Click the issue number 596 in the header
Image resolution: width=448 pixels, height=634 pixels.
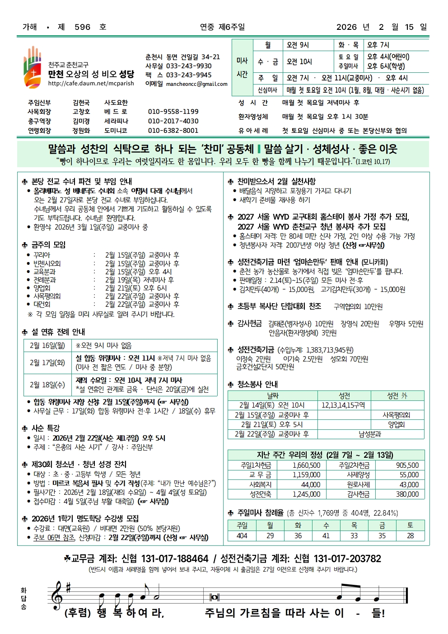82,27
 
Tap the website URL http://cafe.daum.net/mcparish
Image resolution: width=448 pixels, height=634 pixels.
91,84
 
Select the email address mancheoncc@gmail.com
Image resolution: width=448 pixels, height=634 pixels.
196,84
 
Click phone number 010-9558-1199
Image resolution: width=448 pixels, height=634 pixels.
173,112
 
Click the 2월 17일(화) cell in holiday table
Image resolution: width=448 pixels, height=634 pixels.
47,362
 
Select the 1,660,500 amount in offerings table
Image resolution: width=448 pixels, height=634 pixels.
306,465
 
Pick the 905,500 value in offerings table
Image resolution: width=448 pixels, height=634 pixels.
407,465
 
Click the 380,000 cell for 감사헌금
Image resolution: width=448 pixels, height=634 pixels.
407,494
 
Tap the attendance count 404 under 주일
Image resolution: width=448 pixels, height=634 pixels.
242,535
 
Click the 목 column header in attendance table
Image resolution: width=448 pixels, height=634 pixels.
354,525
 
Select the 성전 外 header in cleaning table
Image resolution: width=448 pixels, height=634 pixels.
397,395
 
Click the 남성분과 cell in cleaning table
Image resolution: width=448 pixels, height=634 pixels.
370,434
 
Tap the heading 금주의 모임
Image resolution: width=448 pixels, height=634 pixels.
48,245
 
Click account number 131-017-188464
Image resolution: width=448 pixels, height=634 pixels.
175,559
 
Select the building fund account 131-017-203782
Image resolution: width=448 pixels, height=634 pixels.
347,559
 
